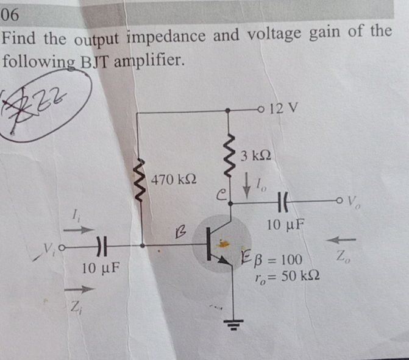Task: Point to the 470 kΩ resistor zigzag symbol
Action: click(x=141, y=182)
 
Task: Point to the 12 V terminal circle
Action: click(x=263, y=111)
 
